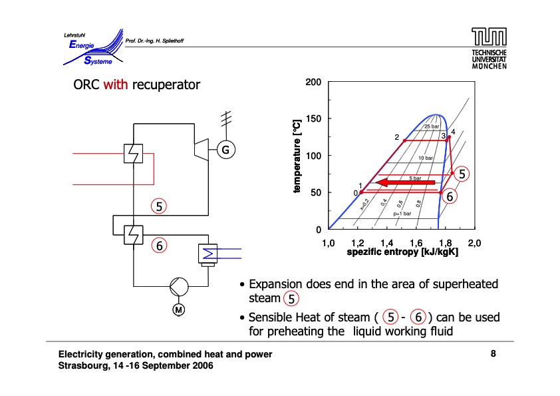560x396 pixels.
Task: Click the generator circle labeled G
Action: click(225, 150)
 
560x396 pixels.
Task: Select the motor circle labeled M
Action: click(178, 310)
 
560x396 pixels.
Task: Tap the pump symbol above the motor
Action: click(178, 287)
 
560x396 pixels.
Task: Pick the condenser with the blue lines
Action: click(209, 254)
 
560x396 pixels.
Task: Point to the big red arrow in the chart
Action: click(405, 182)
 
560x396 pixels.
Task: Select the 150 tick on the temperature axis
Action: click(313, 119)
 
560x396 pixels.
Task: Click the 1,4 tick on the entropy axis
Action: click(386, 244)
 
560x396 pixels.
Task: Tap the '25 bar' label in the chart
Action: click(432, 126)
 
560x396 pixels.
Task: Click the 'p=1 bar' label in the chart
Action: click(402, 214)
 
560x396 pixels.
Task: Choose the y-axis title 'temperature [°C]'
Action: click(298, 156)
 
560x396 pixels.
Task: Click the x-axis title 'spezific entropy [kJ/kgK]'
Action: click(402, 253)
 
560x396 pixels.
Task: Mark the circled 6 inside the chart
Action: click(450, 197)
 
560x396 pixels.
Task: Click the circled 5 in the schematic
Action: click(159, 206)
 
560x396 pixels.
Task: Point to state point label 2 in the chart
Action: click(396, 137)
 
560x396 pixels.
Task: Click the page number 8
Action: click(493, 354)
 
